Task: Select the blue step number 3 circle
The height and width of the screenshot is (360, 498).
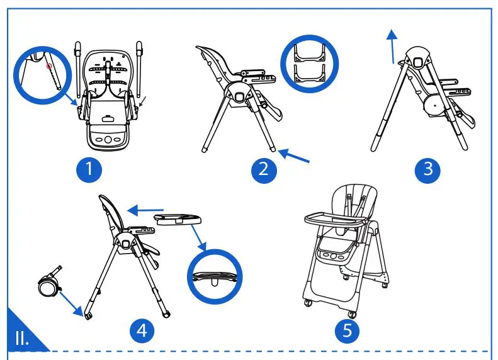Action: pos(427,170)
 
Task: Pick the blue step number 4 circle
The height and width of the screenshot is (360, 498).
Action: pos(142,330)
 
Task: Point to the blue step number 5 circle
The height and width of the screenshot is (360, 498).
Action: pos(348,330)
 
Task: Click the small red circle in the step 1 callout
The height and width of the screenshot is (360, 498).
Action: pos(49,66)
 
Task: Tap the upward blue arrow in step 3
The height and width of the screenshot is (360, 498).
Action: pos(393,47)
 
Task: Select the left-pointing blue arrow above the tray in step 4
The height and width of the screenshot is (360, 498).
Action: pos(145,210)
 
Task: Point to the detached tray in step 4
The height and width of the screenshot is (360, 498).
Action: pos(178,220)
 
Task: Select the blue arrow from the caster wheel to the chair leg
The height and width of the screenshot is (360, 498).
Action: pos(72,304)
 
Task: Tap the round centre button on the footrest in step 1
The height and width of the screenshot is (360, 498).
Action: pos(108,140)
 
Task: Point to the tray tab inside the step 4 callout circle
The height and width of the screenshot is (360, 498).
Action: pos(215,282)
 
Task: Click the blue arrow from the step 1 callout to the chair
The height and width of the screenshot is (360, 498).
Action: pos(71,99)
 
